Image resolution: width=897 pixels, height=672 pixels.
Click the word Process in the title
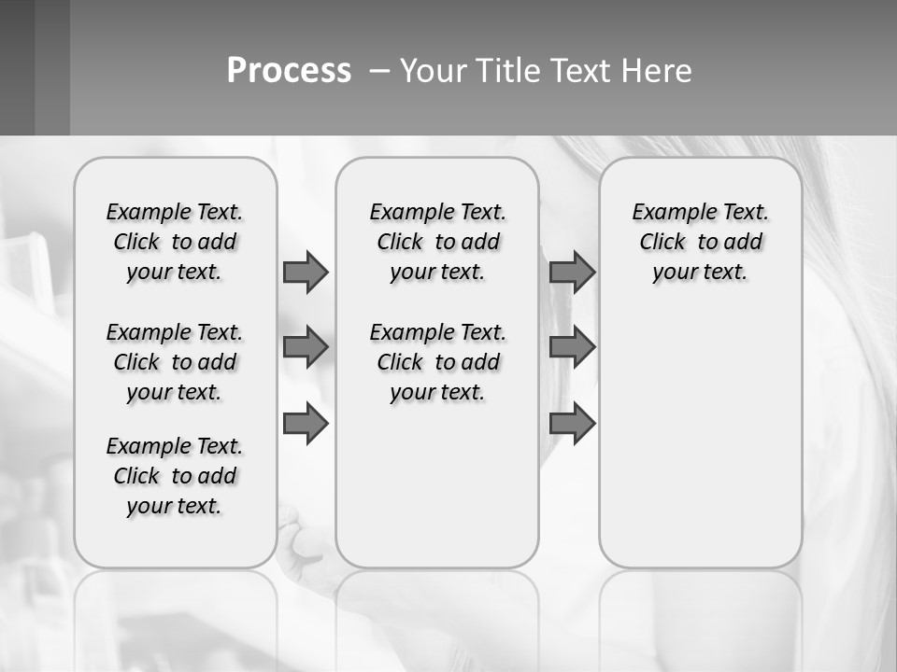coord(289,71)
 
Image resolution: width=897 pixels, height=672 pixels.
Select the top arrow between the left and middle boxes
coord(306,272)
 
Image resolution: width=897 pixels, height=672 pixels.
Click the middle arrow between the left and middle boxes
coord(306,347)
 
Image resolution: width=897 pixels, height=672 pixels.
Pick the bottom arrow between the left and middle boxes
coord(306,424)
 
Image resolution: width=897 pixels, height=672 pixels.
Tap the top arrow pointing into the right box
coord(572,272)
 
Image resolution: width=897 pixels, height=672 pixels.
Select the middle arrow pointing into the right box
coord(572,347)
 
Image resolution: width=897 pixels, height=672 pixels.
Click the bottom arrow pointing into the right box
coord(572,424)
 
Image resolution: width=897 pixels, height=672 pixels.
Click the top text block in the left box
coord(175,242)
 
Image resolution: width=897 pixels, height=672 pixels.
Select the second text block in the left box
coord(175,362)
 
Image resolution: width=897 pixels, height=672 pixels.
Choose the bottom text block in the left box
coord(175,476)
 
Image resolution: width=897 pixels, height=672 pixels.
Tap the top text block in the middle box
coord(438,242)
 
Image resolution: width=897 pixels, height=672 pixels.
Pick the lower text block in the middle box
coord(438,362)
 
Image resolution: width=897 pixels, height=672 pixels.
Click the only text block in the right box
coord(701,242)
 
